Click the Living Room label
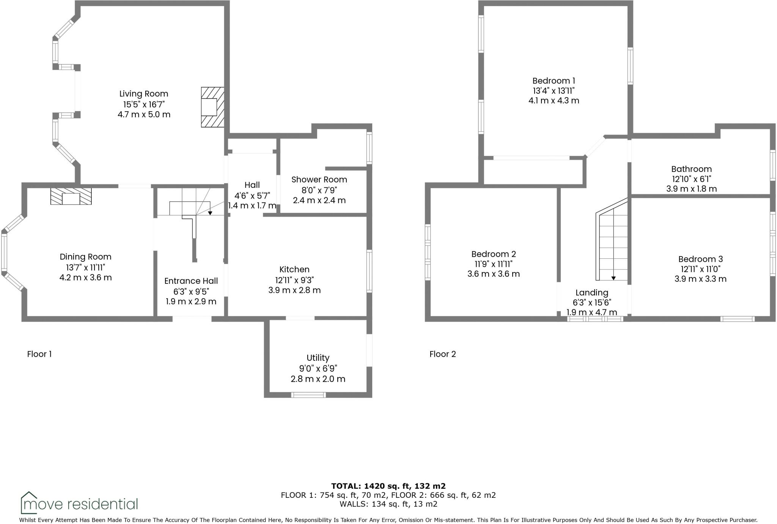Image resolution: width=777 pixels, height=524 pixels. pos(143,94)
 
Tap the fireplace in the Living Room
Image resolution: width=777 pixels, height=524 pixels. pos(212,107)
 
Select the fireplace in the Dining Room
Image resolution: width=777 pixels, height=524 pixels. pos(71,196)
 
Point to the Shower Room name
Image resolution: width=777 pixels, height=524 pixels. pos(319,179)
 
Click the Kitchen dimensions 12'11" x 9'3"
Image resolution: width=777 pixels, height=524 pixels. pos(294,280)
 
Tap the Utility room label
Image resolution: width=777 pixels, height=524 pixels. pos(318,358)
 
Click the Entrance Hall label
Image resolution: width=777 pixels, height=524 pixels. pos(191,281)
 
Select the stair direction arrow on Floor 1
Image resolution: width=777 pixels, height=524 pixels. pos(210,213)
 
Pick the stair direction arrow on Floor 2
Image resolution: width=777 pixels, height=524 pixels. pos(613,278)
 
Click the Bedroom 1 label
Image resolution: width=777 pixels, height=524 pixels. pos(554,81)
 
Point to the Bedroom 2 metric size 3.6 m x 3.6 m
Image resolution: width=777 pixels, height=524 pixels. pos(493,274)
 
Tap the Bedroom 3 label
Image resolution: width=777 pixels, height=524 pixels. pos(700,259)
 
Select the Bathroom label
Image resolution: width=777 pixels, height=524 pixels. pos(691,169)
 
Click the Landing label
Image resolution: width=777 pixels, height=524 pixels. pos(591,293)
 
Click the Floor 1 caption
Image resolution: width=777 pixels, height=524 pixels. pos(39,354)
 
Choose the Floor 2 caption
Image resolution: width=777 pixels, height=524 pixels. pos(442,354)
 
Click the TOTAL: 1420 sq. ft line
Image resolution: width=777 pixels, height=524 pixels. pos(388,486)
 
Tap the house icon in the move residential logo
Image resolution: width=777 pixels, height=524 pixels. pos(29,502)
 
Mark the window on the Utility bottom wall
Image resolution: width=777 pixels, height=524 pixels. pos(308,395)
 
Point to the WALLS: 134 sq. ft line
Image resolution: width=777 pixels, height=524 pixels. pos(388,504)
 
